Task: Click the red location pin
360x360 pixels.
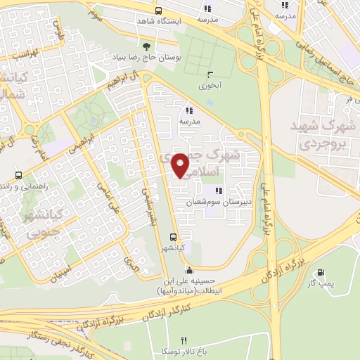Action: point(181,165)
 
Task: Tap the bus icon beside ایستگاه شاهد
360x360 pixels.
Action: point(158,11)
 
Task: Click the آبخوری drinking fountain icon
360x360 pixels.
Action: point(209,74)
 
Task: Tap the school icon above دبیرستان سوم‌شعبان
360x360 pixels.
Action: point(219,191)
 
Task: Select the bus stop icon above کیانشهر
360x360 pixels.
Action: point(173,237)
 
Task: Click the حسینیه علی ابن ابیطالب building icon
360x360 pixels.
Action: point(188,271)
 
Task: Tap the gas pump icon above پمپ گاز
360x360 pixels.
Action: point(321,272)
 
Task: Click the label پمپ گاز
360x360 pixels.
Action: point(321,283)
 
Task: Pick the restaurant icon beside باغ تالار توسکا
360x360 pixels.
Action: point(184,340)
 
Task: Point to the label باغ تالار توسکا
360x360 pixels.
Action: point(184,351)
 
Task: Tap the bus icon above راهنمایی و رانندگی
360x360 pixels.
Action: point(18,175)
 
